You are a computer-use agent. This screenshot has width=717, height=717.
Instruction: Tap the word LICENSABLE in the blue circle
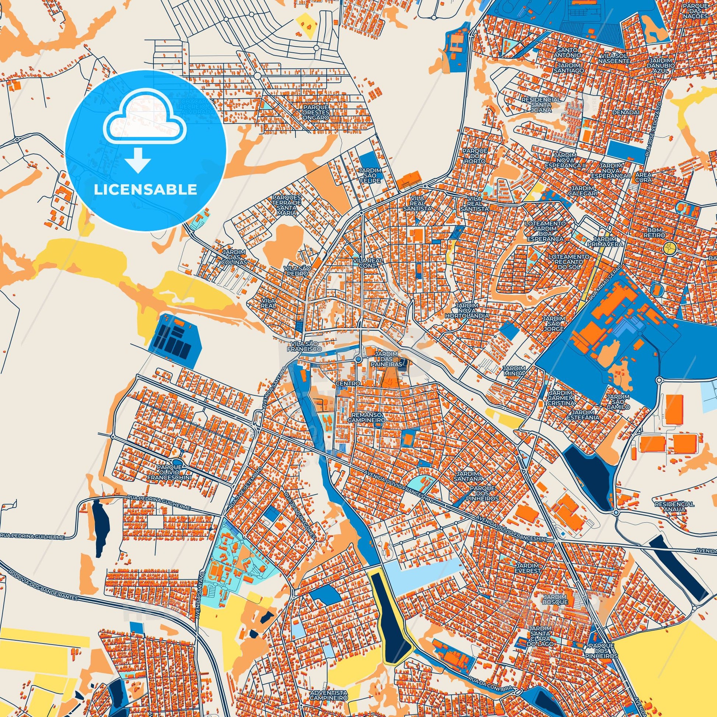coord(146,190)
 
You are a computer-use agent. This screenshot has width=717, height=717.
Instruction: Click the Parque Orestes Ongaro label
coord(315,112)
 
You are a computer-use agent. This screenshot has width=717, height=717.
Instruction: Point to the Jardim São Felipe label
coord(370,175)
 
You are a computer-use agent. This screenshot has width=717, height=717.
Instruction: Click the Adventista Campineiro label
coord(329,695)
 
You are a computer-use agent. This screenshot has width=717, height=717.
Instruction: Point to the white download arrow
coord(138,160)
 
